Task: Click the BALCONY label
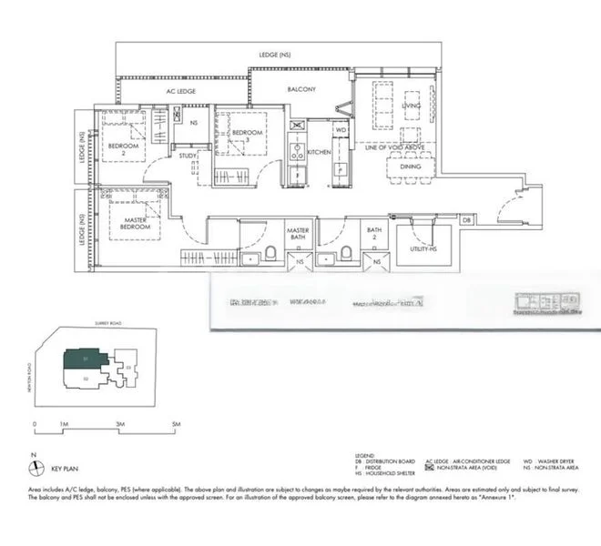[301, 89]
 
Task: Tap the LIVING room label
[411, 106]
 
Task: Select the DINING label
[411, 167]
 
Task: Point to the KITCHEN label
[319, 152]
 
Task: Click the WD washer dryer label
[341, 130]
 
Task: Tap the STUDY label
[188, 156]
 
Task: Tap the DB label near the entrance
[466, 220]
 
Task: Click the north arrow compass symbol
[35, 467]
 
